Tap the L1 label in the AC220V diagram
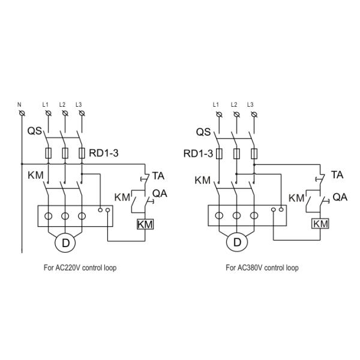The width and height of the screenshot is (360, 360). point(46,104)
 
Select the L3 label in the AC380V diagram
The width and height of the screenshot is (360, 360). point(250,105)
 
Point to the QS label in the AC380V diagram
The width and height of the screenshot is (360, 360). point(204,131)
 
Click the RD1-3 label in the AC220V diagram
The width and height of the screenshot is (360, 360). point(104,154)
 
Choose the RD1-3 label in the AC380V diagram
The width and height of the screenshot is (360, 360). point(198,154)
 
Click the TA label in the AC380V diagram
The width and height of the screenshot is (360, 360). point(337,176)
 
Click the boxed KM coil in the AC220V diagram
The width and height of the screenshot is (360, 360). point(145,224)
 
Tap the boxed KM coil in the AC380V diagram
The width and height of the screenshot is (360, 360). point(321,224)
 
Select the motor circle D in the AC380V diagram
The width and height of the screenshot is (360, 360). point(237,243)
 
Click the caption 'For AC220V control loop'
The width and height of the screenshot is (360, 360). point(80,268)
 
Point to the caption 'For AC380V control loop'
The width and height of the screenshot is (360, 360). point(262,268)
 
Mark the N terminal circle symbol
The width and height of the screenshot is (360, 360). point(22,113)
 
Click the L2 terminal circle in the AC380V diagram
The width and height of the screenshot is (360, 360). point(235,114)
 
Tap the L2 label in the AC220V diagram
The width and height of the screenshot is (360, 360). point(62,104)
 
